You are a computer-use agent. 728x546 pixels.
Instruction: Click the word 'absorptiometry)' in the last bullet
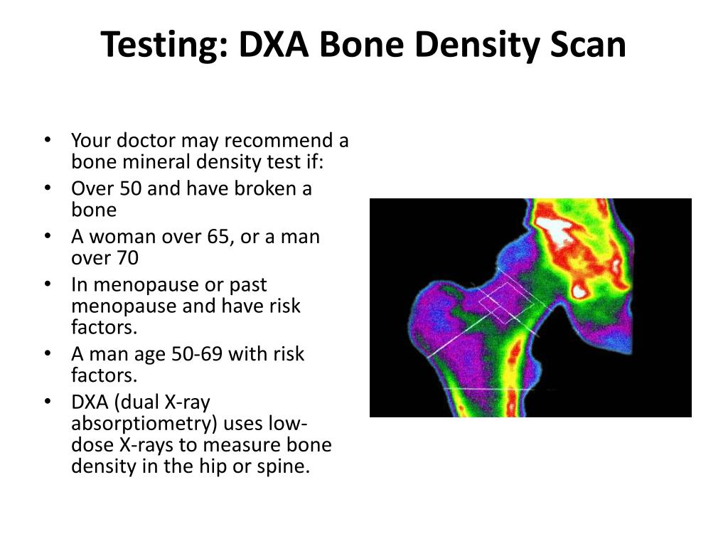pyautogui.click(x=144, y=424)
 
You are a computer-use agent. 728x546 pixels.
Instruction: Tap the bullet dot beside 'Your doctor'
pyautogui.click(x=47, y=139)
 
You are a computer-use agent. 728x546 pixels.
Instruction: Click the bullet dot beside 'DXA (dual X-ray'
pyautogui.click(x=47, y=402)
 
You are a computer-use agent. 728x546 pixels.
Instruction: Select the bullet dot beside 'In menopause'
pyautogui.click(x=47, y=284)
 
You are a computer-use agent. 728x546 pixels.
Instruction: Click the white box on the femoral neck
pyautogui.click(x=507, y=302)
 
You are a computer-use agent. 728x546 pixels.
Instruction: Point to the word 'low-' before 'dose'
pyautogui.click(x=287, y=424)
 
